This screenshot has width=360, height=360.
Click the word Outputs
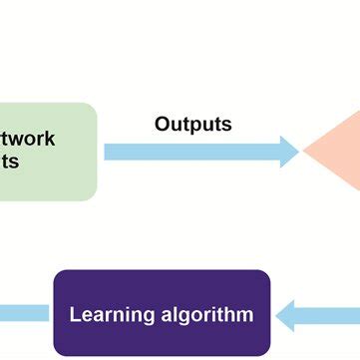pos(192,125)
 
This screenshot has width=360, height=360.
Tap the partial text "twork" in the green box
pos(29,139)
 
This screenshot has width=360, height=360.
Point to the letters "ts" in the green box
pos(10,162)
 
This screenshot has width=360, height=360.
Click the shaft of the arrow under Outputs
pos(189,152)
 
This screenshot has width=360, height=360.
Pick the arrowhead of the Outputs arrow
pos(289,152)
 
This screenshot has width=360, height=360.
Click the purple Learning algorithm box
pos(162,313)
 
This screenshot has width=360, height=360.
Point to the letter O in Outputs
pos(163,125)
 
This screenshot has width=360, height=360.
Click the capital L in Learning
pos(74,314)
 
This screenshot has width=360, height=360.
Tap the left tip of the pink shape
pos(304,152)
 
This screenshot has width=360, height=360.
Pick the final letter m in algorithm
pos(245,315)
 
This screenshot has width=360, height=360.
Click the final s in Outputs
pos(227,126)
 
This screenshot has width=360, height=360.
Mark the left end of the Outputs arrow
pos(106,152)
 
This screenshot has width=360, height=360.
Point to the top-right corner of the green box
pos(94,106)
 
